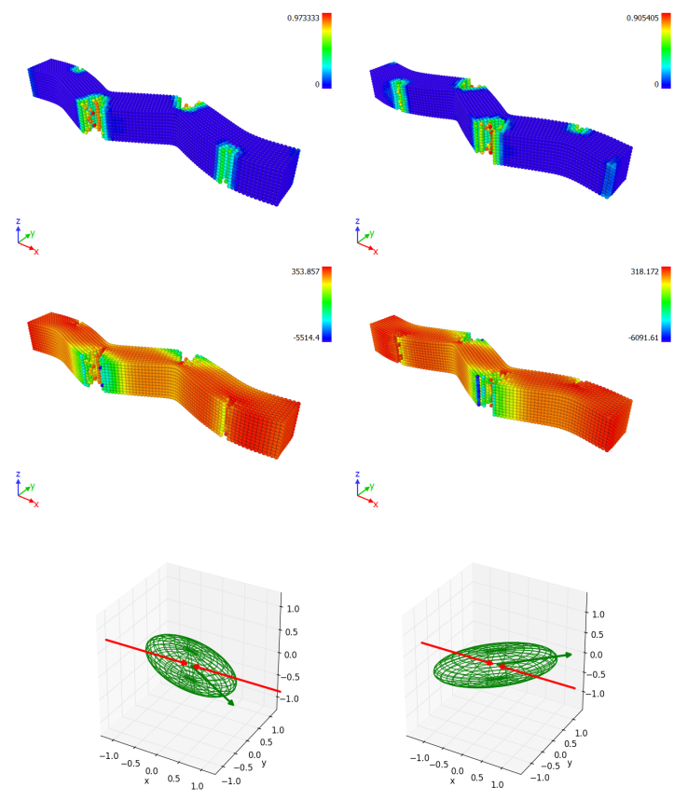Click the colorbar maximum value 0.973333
tap(303, 18)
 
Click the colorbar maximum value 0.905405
tap(642, 18)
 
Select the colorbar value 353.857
tap(305, 271)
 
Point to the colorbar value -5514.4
tap(306, 338)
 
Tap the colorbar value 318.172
tap(644, 271)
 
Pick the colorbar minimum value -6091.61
tap(643, 338)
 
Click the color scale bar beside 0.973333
tap(327, 50)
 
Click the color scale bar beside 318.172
tap(666, 304)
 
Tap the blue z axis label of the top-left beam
tap(18, 221)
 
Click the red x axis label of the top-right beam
tap(376, 252)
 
